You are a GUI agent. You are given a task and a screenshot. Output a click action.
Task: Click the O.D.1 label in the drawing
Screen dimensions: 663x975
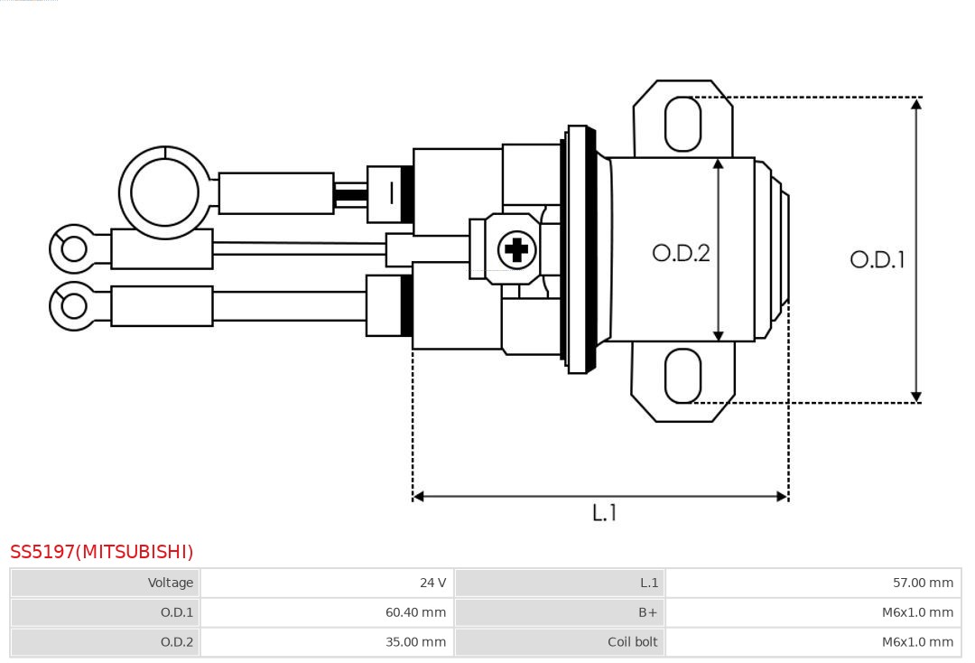[x=877, y=260]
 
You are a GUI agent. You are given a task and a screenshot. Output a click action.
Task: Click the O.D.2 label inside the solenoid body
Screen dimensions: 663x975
[x=681, y=253]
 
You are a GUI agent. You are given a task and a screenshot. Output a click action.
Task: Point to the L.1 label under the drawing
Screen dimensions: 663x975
[x=604, y=513]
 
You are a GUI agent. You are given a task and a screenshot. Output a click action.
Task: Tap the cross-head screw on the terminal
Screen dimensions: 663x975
[x=516, y=249]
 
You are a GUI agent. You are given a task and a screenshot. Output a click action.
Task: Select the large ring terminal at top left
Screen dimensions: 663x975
[x=164, y=192]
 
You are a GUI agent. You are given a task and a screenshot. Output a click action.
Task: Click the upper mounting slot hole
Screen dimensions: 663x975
[x=682, y=124]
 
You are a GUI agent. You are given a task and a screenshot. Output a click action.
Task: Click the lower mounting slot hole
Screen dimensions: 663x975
[x=682, y=376]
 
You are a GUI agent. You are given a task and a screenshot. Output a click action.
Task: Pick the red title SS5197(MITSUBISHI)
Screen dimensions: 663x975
[x=102, y=552]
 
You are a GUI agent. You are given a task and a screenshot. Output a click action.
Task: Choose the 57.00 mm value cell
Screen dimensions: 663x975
[x=812, y=583]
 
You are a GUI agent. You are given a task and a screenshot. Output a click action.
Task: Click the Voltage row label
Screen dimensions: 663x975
[x=105, y=583]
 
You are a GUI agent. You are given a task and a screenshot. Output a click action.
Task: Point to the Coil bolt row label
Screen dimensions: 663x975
[x=559, y=642]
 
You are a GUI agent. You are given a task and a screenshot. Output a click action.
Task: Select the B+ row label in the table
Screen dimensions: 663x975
[x=559, y=612]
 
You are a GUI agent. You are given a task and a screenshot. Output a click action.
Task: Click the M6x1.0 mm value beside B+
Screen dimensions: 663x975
[x=812, y=612]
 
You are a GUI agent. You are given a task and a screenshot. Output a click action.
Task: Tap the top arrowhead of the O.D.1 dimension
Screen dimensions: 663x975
[x=915, y=104]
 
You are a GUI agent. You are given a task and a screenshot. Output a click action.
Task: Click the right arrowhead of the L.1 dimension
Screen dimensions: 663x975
[x=782, y=496]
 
